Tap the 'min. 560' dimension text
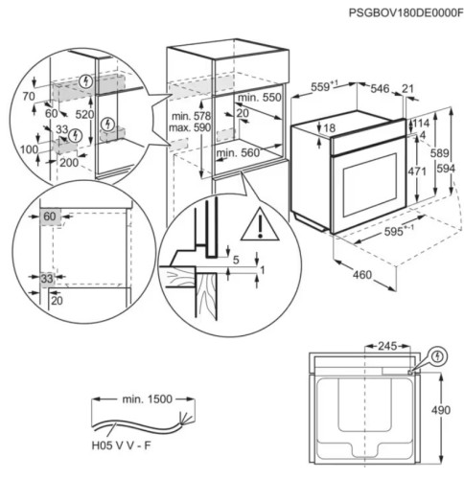pos(240,152)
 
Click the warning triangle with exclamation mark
pos(256,227)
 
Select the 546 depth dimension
pos(381,88)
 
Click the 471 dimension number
pos(415,171)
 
